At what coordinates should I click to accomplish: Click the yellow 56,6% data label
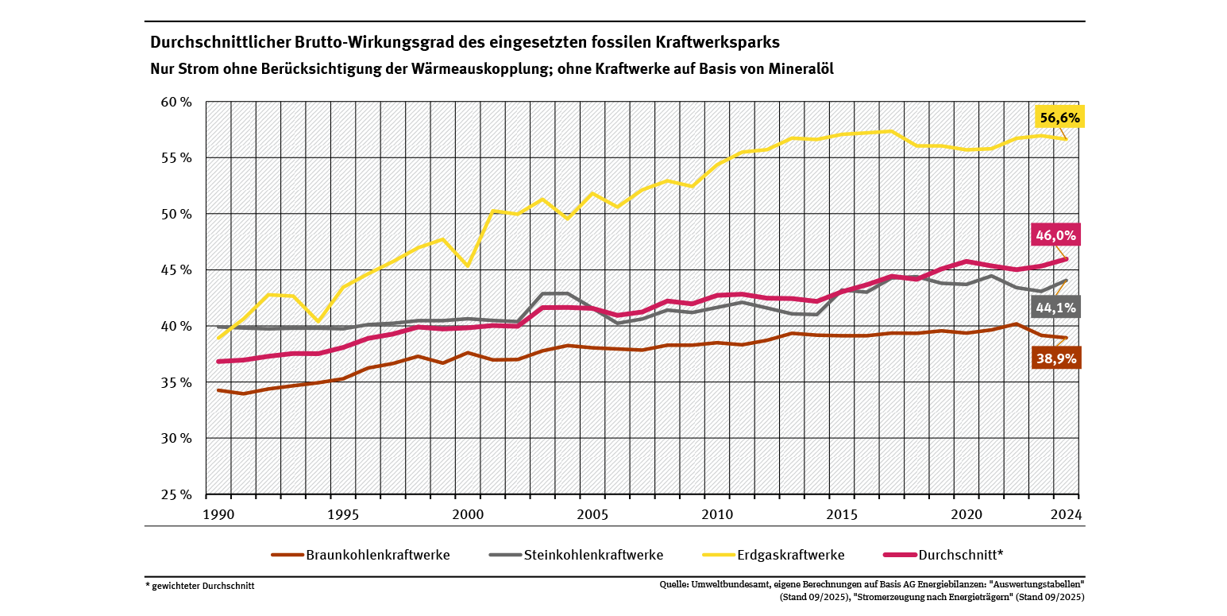(x=1059, y=118)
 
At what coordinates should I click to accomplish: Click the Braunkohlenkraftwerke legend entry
(x=377, y=555)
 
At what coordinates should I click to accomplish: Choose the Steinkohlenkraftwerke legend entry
(x=593, y=555)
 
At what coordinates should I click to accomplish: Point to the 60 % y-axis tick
(x=177, y=103)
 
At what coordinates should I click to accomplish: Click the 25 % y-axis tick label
(x=177, y=494)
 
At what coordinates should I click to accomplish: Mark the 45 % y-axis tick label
(x=177, y=270)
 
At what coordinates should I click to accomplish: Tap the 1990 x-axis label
(x=218, y=514)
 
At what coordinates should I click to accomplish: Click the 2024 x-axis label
(x=1065, y=514)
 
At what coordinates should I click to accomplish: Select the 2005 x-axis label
(x=592, y=514)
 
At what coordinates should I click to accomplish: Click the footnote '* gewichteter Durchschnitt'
(x=200, y=586)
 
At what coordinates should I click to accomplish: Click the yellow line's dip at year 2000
(x=468, y=265)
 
